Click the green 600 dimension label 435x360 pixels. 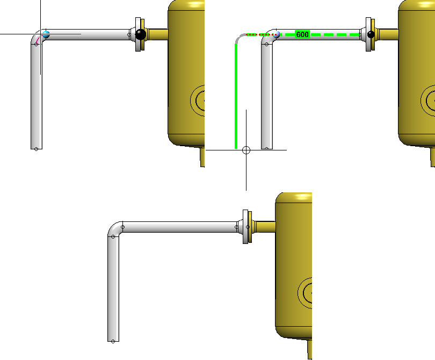[302, 35]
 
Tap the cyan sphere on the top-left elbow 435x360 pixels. [46, 34]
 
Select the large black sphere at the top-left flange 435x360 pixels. [140, 34]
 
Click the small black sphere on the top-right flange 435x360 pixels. [371, 34]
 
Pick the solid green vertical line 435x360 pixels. [236, 96]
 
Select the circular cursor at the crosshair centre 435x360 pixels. [246, 150]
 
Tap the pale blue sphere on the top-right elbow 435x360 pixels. [277, 34]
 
